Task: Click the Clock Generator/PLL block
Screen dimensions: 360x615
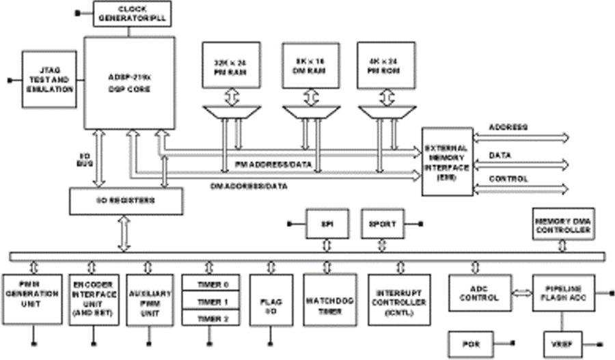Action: pos(132,14)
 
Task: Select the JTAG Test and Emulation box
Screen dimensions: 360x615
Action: pos(49,79)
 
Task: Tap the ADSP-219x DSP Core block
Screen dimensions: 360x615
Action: pos(129,84)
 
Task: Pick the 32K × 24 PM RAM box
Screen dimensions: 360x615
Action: pos(232,65)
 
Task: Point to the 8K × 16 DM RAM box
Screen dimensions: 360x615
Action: pos(311,65)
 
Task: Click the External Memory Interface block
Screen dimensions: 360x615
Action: pos(447,161)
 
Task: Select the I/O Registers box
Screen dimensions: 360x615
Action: pos(126,201)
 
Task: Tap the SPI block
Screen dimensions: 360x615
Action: pos(327,223)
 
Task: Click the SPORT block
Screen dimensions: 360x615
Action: pos(383,223)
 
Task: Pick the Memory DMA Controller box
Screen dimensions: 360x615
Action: pos(562,225)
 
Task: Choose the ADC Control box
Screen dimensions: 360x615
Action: pos(478,293)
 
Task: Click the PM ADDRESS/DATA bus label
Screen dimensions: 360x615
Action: pos(273,165)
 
